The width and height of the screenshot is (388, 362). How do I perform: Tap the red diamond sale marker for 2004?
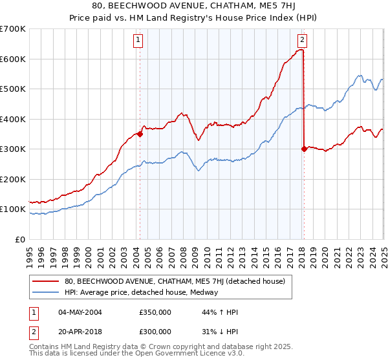(139, 134)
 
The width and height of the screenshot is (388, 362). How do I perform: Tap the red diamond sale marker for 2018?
(304, 149)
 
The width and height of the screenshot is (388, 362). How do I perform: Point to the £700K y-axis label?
(13, 29)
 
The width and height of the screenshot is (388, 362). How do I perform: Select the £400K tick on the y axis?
(13, 119)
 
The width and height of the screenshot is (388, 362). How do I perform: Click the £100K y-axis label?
(13, 209)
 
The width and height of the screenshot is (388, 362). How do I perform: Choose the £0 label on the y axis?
(21, 239)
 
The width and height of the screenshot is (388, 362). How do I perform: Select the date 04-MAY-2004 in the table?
(77, 313)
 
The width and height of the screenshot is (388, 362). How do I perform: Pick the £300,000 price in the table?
(155, 332)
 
